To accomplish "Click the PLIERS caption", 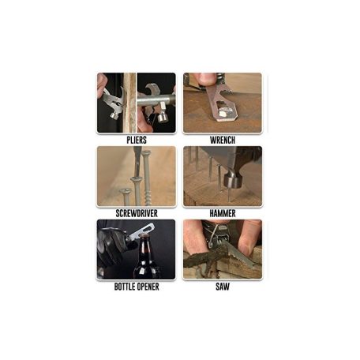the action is click(x=137, y=140).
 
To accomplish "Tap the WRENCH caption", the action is click(x=223, y=140).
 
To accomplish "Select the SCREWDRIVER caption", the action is click(x=137, y=213).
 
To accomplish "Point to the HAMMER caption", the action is click(x=223, y=213).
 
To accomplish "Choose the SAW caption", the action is click(x=223, y=287).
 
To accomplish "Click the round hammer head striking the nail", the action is click(x=233, y=181).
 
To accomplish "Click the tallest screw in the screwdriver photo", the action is click(x=146, y=177).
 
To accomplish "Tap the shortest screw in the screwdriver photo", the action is click(x=126, y=197).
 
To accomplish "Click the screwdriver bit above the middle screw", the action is click(x=137, y=163).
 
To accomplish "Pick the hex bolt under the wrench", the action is click(x=224, y=114).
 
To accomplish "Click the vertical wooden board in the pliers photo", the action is click(x=130, y=103).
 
